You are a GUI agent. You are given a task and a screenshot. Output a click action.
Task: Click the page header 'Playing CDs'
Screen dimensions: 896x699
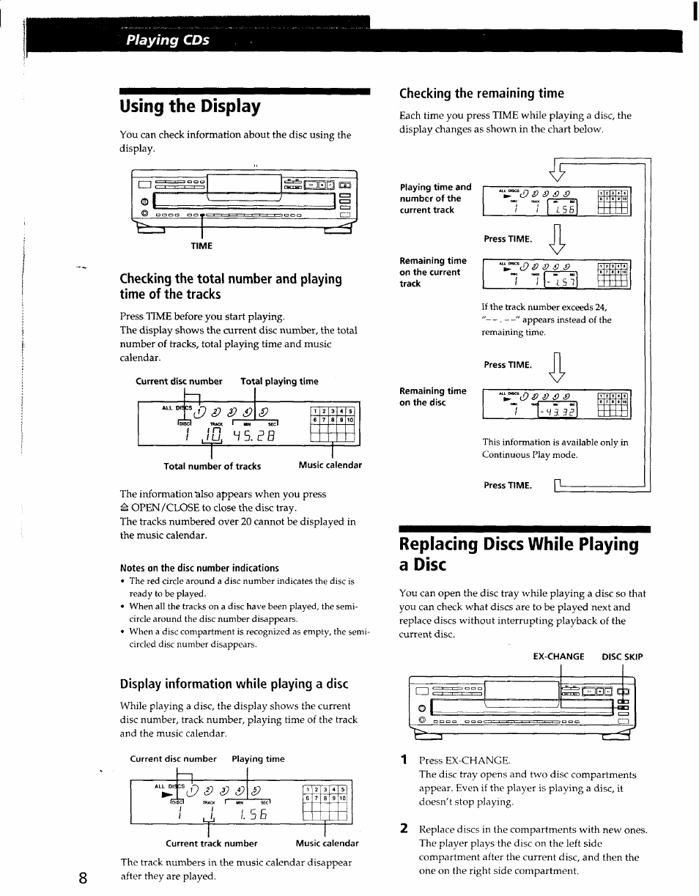pyautogui.click(x=167, y=40)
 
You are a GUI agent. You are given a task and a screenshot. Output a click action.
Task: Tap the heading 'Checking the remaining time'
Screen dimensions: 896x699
pyautogui.click(x=481, y=93)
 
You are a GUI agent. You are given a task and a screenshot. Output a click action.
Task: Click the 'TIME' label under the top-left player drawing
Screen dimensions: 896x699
pyautogui.click(x=201, y=246)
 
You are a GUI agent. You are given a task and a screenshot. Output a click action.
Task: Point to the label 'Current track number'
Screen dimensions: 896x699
pyautogui.click(x=212, y=843)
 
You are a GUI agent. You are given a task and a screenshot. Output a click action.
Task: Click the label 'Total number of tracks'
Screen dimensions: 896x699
pyautogui.click(x=212, y=466)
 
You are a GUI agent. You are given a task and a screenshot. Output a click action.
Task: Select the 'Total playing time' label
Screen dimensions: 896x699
pyautogui.click(x=279, y=381)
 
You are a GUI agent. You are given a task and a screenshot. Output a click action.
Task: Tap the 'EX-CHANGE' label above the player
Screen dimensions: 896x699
pyautogui.click(x=558, y=656)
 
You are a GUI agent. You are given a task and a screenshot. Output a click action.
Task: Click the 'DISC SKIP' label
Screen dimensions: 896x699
pyautogui.click(x=622, y=656)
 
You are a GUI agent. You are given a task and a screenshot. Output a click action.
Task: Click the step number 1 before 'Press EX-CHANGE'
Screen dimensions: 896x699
pyautogui.click(x=403, y=760)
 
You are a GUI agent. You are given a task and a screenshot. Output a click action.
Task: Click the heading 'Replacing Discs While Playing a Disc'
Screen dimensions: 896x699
pyautogui.click(x=519, y=554)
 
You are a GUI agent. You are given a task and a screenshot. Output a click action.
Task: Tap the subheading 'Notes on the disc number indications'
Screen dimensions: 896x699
pyautogui.click(x=199, y=568)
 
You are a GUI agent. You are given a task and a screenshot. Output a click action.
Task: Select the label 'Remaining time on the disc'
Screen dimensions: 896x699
pyautogui.click(x=432, y=396)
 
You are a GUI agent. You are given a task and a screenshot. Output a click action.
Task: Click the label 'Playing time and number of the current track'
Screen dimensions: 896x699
pyautogui.click(x=435, y=199)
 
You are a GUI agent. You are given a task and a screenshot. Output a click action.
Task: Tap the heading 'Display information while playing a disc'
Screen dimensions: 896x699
pyautogui.click(x=234, y=684)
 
